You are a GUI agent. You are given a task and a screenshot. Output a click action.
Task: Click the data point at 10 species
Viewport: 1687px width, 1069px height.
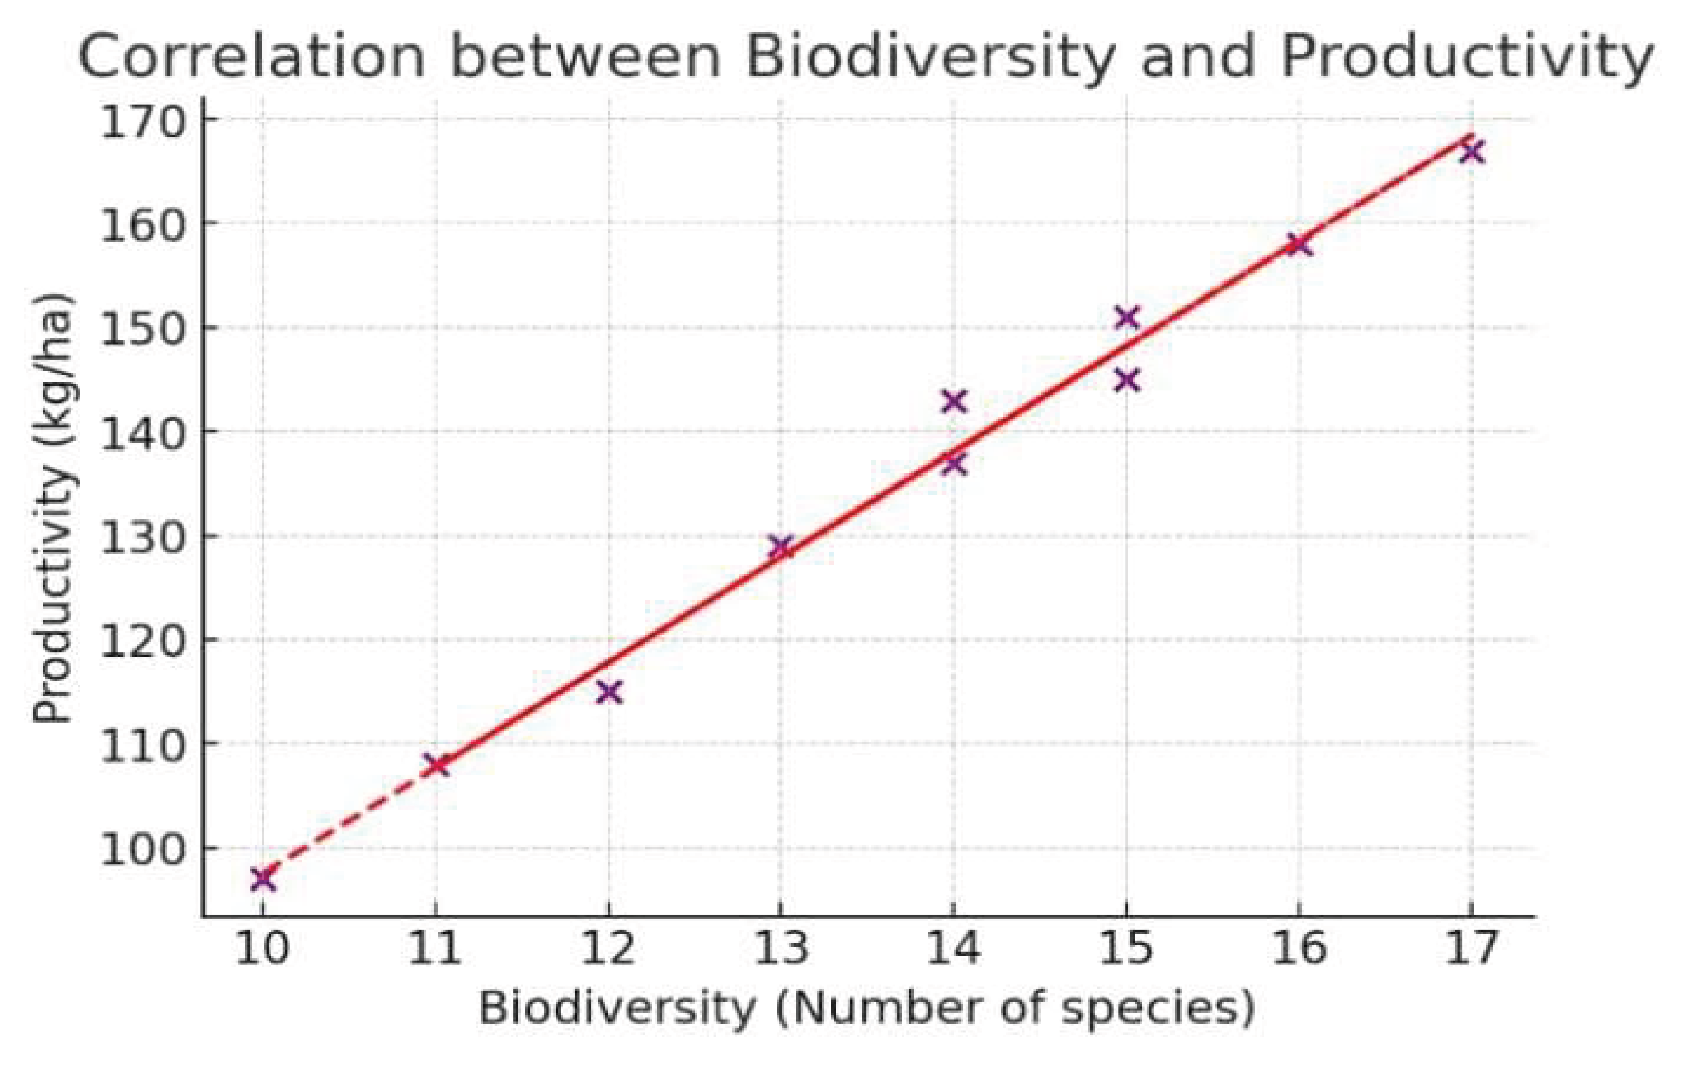tap(263, 879)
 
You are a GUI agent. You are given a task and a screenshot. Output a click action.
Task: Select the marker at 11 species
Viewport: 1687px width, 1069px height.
tap(436, 764)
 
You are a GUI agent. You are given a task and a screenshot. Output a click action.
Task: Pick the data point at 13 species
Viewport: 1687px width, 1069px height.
tap(781, 546)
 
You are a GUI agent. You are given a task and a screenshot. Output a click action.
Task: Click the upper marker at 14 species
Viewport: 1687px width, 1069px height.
tap(954, 401)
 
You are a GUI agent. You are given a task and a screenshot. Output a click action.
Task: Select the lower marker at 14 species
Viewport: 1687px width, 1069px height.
tap(954, 463)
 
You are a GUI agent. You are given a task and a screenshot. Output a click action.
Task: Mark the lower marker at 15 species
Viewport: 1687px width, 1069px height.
tap(1126, 380)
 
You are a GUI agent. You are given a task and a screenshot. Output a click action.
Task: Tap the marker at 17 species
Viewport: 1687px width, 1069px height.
tap(1471, 151)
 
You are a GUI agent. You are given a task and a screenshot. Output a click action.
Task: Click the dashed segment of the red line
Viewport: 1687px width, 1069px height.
tap(350, 819)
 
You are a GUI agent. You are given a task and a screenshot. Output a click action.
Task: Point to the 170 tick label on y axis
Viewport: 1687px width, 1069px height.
tap(140, 120)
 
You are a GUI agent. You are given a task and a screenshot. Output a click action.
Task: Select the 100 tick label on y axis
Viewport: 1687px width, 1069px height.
tap(140, 849)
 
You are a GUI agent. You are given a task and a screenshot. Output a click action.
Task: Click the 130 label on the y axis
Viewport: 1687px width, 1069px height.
tap(140, 538)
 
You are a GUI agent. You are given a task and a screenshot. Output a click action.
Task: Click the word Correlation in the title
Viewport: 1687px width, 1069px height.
tap(252, 57)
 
